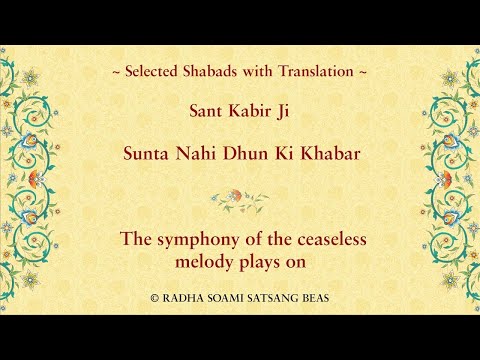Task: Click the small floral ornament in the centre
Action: tap(239, 199)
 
